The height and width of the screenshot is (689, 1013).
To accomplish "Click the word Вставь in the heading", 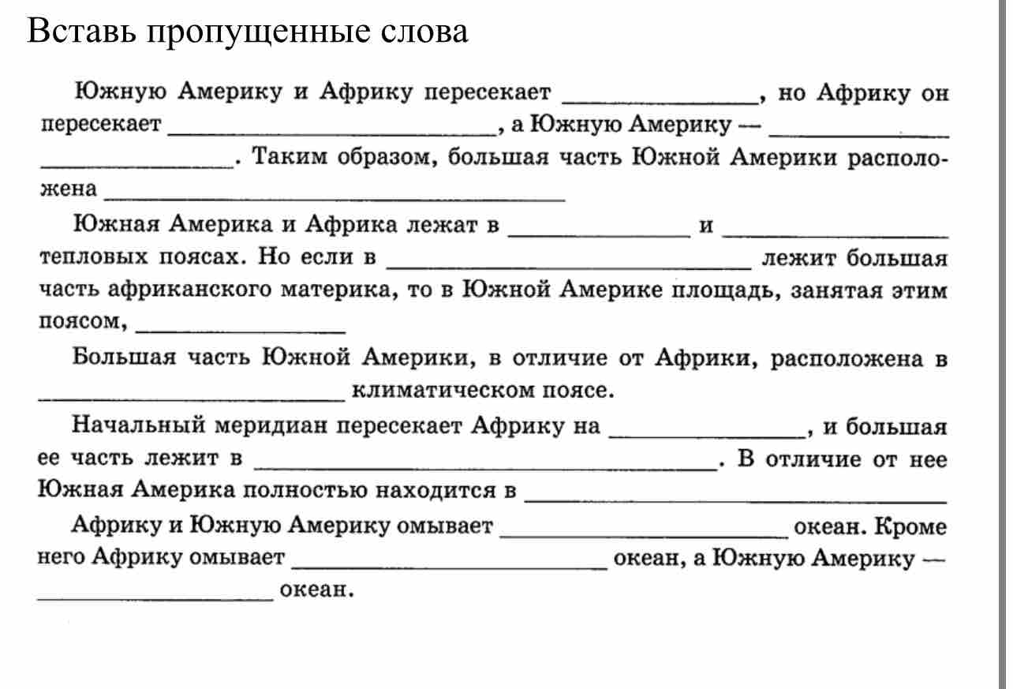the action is click(x=81, y=32).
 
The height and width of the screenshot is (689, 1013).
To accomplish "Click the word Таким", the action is click(x=290, y=156).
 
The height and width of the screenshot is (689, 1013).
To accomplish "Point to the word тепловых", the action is click(x=94, y=257).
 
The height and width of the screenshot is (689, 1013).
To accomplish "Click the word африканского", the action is click(x=189, y=289).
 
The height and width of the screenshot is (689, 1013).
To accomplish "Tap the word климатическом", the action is click(x=443, y=390).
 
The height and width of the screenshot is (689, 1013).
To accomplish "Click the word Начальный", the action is click(x=139, y=425).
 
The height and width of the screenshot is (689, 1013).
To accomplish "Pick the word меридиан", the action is click(x=271, y=425).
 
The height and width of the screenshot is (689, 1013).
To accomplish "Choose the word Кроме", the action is click(x=910, y=526).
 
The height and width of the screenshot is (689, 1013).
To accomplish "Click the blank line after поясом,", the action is click(x=241, y=332).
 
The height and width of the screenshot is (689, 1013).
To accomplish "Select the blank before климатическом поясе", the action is click(x=192, y=400).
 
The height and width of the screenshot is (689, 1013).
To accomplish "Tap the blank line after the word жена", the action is click(x=335, y=199).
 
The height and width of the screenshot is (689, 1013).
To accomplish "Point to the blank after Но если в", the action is click(x=569, y=268).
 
